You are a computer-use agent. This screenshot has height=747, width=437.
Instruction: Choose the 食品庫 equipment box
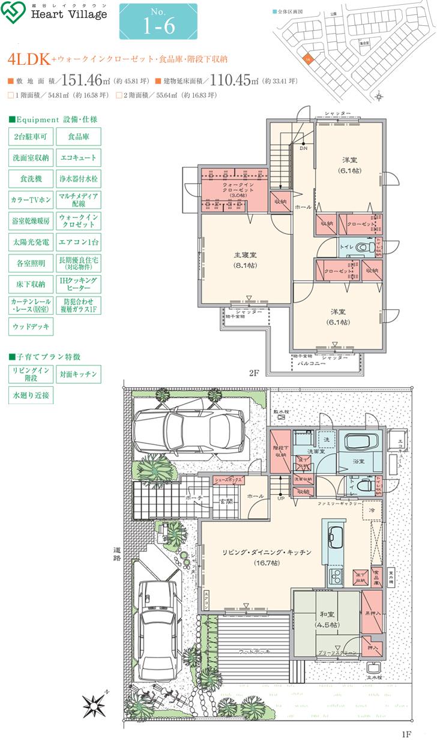pos(79,136)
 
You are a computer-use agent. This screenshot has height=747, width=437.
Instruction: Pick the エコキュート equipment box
pos(79,158)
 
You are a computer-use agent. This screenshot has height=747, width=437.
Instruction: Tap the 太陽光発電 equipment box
pos(31,243)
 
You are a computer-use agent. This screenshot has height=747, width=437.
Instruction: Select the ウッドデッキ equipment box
pos(31,326)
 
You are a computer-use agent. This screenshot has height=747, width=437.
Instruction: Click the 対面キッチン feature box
pos(79,374)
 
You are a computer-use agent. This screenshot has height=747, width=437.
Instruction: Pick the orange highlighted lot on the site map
pos(309,59)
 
